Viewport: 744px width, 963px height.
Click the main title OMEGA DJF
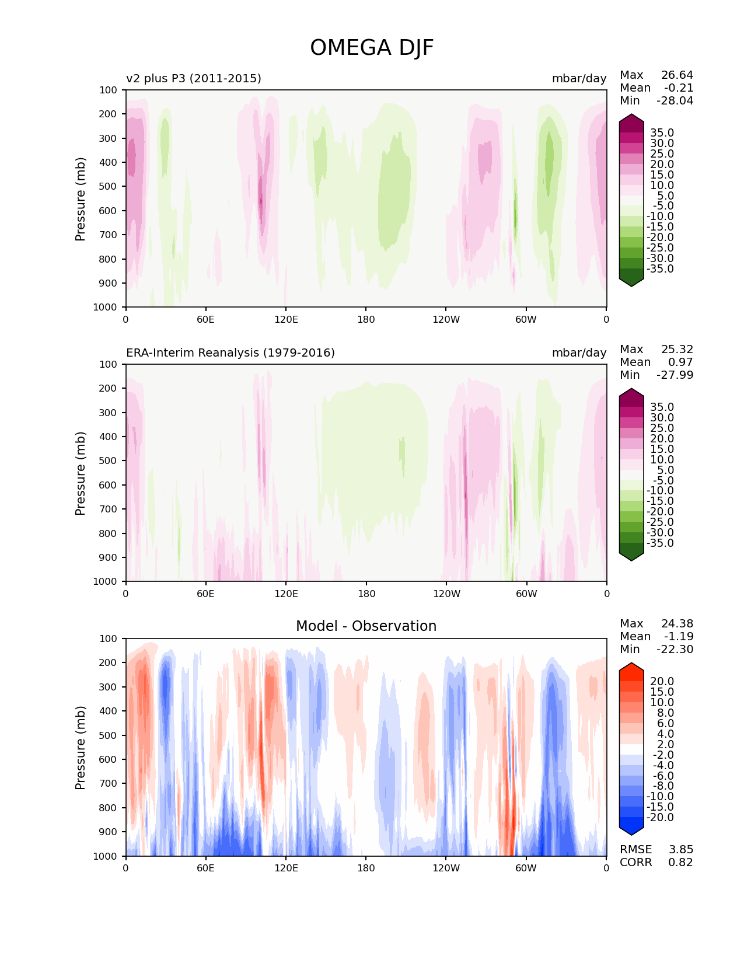click(372, 48)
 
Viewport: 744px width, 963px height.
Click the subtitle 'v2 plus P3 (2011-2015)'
click(194, 78)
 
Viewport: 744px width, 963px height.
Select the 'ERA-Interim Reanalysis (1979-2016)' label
click(230, 353)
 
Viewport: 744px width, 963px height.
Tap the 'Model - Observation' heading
click(366, 626)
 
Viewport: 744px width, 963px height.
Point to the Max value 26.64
click(677, 75)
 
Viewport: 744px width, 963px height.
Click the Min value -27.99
click(675, 375)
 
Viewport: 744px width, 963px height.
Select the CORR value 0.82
click(680, 863)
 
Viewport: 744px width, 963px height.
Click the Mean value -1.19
click(678, 637)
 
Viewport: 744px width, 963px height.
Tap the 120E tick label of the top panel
click(286, 319)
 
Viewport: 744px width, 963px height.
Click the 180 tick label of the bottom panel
click(366, 868)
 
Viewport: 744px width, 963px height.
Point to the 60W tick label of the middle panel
click(526, 594)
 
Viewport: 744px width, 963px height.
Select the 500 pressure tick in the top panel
click(109, 186)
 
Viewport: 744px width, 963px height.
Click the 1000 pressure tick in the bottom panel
click(106, 856)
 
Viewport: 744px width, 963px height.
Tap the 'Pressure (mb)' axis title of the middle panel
click(81, 473)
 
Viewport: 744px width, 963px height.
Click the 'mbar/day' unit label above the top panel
click(579, 78)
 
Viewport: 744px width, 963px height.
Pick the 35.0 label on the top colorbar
click(662, 133)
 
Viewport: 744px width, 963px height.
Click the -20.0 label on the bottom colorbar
click(660, 818)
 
